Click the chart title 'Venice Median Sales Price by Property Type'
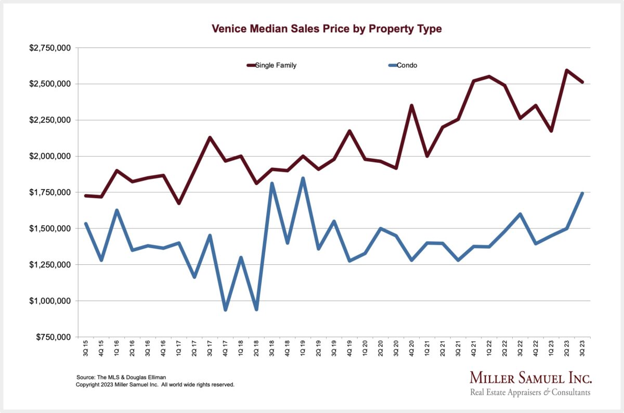click(327, 29)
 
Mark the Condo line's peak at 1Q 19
click(303, 178)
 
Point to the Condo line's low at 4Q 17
click(226, 309)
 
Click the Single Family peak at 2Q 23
click(567, 70)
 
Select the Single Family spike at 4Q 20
click(412, 106)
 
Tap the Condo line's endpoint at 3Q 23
click(582, 193)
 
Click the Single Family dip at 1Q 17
click(179, 203)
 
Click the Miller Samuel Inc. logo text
click(530, 378)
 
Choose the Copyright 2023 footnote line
click(155, 385)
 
